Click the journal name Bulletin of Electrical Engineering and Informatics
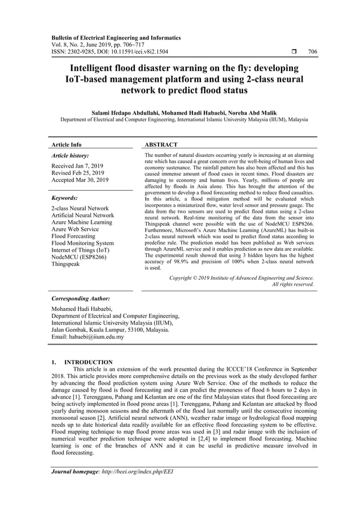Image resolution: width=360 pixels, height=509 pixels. [116, 38]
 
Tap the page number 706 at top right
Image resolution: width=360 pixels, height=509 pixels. [313, 52]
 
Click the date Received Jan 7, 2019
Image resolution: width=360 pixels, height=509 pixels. [76, 166]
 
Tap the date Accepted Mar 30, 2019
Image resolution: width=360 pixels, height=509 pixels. [77, 181]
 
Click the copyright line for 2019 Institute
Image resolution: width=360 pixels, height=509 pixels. [242, 278]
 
